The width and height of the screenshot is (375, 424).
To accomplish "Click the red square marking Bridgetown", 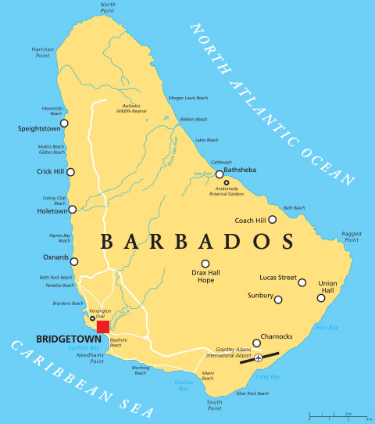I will (103, 326).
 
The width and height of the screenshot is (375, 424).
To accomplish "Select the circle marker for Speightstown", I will (65, 123).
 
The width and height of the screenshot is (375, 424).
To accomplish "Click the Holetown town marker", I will (73, 209).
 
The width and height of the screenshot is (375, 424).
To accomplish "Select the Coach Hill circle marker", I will (272, 220).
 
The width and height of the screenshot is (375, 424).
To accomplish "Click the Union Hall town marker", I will (320, 297).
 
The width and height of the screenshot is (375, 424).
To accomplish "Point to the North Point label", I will (109, 8).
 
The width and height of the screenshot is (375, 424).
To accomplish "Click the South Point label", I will (215, 404).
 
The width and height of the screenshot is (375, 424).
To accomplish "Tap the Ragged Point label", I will (352, 237).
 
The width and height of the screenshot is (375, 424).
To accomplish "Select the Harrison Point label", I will (43, 52).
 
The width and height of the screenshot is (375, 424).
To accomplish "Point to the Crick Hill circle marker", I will (71, 171).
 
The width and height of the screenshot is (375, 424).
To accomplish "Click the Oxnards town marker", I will (74, 260).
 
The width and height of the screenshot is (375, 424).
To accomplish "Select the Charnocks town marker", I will (256, 343).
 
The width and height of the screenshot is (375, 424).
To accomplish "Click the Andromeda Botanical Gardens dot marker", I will (227, 182).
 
